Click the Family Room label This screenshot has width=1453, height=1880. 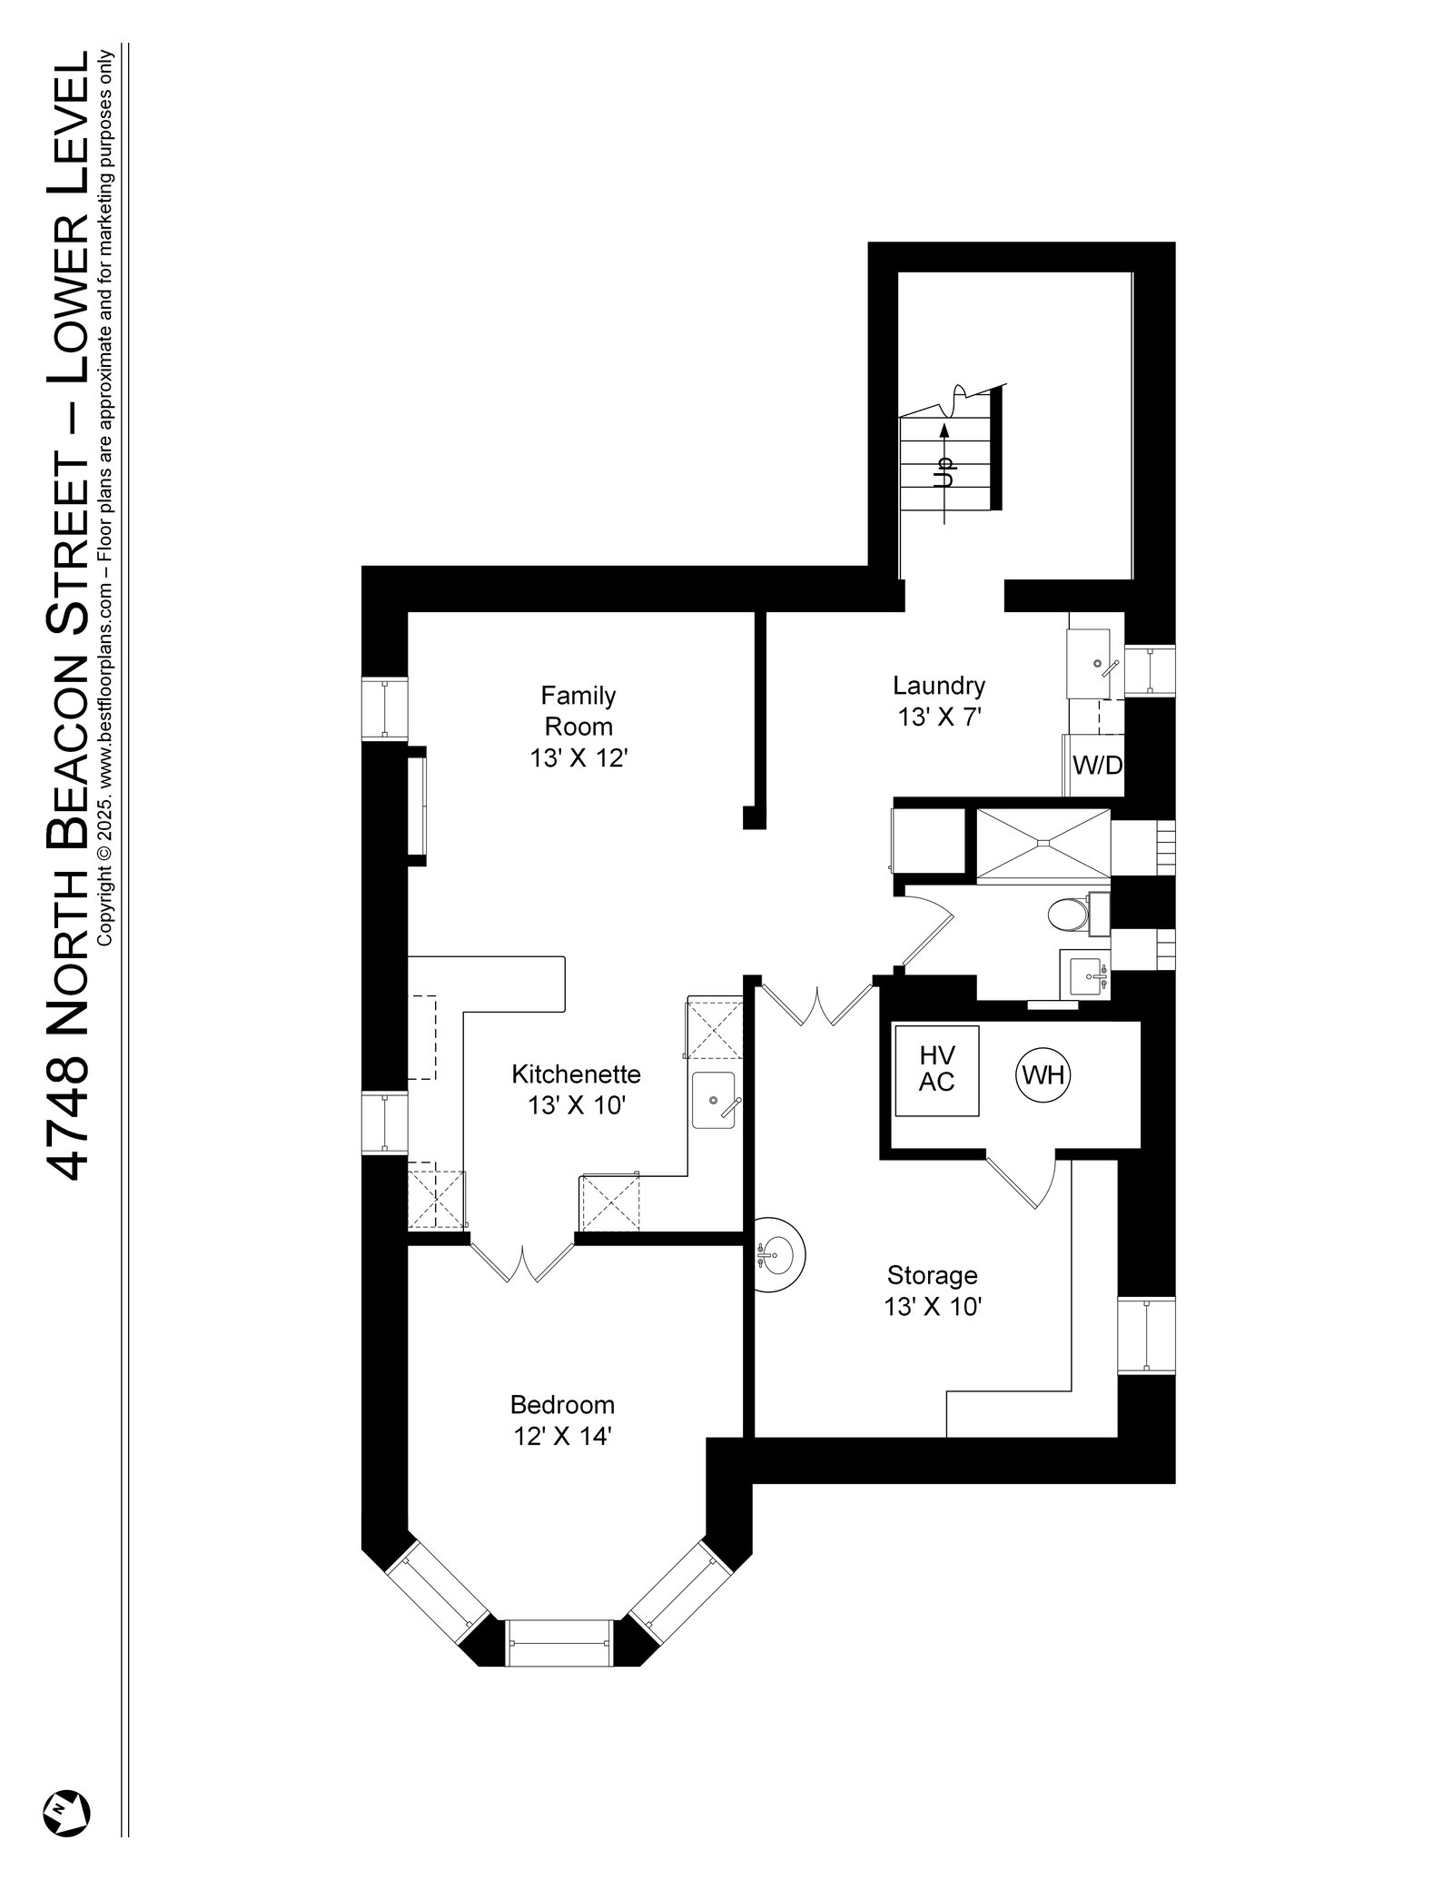(578, 711)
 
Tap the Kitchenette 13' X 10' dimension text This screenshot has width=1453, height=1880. (577, 1105)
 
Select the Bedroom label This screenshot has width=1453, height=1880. (562, 1404)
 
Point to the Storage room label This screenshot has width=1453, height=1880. (932, 1275)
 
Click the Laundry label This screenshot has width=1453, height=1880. (938, 685)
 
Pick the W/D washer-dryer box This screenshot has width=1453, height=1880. (1097, 766)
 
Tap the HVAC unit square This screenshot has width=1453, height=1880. (937, 1069)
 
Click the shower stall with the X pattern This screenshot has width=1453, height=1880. (1043, 844)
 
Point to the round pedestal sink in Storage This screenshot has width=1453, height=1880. (779, 1256)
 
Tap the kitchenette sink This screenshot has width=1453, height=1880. (715, 1099)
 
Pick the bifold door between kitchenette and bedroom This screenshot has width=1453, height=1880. (522, 1258)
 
